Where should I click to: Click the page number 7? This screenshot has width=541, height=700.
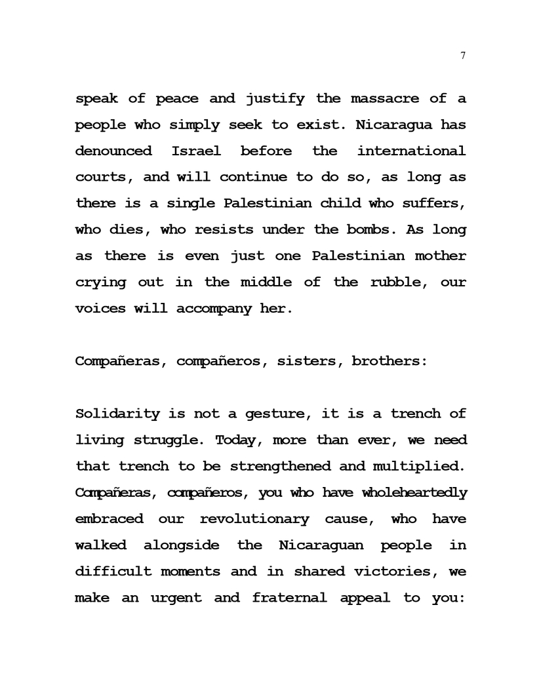463,56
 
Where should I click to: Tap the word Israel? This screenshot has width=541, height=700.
196,151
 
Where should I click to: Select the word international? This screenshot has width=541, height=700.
411,151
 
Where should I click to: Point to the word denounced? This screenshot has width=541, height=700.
113,151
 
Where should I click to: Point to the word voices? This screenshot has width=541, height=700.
100,309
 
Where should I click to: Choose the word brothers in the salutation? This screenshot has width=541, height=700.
390,361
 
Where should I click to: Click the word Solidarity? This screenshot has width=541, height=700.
118,414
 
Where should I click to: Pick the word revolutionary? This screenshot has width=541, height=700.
254,519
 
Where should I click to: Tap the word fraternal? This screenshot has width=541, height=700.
289,598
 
